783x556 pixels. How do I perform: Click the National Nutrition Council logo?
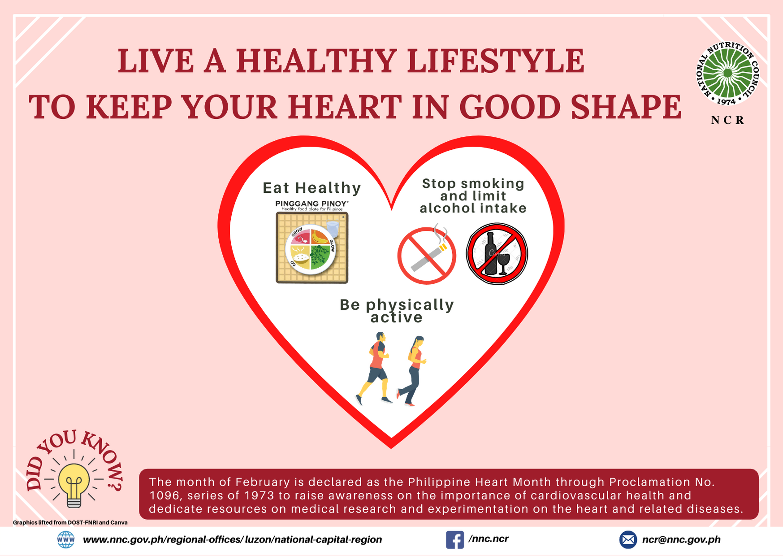click(727, 74)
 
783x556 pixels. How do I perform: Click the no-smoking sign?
click(427, 256)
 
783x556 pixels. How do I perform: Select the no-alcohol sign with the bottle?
click(497, 254)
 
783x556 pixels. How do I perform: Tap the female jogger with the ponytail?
click(414, 370)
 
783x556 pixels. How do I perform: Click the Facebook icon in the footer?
click(454, 539)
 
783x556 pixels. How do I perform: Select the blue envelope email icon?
click(627, 539)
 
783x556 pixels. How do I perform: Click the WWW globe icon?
click(66, 539)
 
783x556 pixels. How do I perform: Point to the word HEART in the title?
click(344, 107)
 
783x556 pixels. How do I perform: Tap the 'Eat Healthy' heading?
click(312, 188)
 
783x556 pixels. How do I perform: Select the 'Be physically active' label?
click(397, 311)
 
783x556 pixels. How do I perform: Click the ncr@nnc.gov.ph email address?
click(681, 539)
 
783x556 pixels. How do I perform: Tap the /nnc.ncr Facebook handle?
click(489, 539)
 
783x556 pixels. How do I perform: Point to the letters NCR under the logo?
click(727, 120)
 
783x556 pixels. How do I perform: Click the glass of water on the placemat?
click(333, 228)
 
